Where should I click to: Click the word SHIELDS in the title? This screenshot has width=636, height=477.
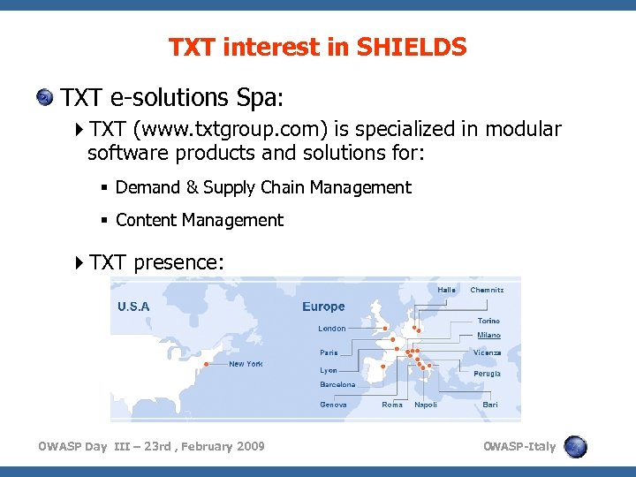(x=412, y=47)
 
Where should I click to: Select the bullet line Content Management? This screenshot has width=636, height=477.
(x=199, y=220)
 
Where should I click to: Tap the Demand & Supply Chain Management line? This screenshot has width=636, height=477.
(x=262, y=187)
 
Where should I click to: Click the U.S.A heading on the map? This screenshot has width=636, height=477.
(x=133, y=307)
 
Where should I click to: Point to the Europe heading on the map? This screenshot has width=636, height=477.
(x=323, y=307)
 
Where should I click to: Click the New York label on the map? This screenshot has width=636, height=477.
(x=246, y=364)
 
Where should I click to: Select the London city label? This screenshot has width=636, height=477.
(x=332, y=329)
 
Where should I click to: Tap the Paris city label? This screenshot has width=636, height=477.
(x=329, y=352)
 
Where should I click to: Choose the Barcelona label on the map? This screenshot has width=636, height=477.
(x=337, y=385)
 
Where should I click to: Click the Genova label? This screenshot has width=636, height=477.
(x=333, y=405)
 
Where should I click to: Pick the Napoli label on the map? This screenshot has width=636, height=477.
(x=426, y=405)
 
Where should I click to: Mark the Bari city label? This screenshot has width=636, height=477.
(x=490, y=405)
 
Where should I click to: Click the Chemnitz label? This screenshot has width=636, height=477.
(x=487, y=290)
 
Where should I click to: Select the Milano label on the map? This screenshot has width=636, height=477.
(x=488, y=336)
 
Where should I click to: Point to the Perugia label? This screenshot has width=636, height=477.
(x=487, y=374)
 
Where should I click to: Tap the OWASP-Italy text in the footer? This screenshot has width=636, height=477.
(x=519, y=446)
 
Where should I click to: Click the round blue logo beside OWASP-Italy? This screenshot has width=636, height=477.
(x=575, y=446)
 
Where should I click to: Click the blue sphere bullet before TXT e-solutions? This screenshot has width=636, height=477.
(x=44, y=96)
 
